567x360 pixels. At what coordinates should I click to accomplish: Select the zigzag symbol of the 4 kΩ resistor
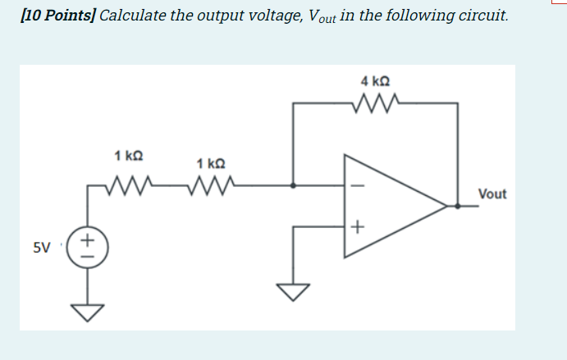374,103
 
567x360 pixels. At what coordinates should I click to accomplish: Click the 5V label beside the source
41,246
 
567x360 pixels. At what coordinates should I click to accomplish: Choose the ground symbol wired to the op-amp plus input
294,289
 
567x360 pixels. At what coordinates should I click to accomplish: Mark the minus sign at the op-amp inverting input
354,185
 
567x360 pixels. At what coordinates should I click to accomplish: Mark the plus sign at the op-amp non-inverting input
355,225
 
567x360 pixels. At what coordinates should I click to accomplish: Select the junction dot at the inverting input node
294,185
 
